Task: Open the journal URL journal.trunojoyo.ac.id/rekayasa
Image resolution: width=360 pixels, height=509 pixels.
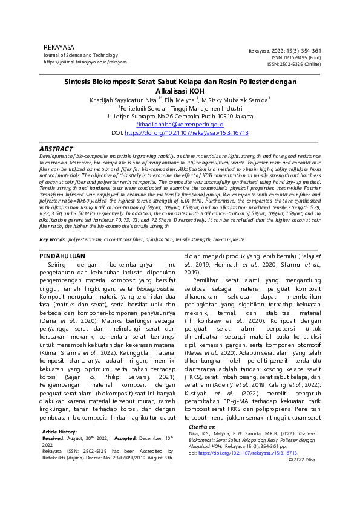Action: tap(85, 62)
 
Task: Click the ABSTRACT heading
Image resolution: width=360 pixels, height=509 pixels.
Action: tap(56, 148)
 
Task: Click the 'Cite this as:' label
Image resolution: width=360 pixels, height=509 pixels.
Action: tap(202, 427)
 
